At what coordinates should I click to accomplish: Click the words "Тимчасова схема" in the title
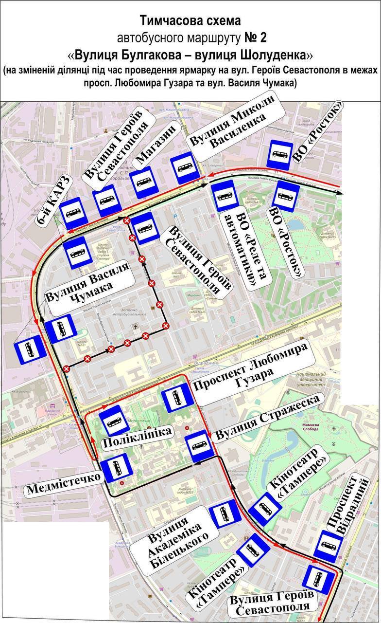coord(190,21)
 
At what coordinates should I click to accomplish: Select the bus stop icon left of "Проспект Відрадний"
coord(329,545)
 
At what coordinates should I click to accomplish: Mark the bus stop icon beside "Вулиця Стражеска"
coord(199,446)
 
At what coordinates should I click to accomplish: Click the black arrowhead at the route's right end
coord(340,193)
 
